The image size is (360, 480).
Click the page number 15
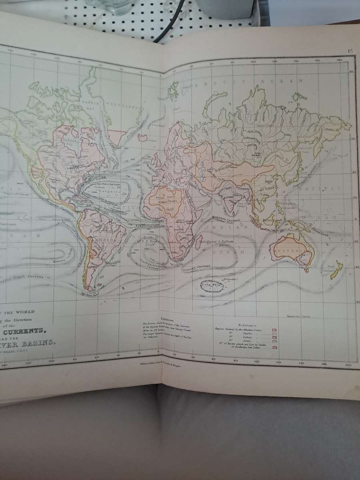350,51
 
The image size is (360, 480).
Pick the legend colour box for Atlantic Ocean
275,329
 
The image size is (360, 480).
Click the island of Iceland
143,138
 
